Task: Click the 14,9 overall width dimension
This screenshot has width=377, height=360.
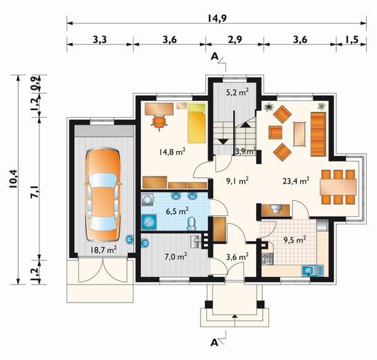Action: [x=217, y=18]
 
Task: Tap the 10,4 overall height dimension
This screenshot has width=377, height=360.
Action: [x=13, y=179]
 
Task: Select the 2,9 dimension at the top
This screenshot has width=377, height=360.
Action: [x=235, y=39]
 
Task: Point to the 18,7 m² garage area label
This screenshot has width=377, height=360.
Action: [x=104, y=249]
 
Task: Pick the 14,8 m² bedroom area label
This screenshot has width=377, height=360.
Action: [x=172, y=152]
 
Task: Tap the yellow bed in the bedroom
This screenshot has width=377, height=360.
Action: [x=197, y=123]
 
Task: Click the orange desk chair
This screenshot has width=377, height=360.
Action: [x=159, y=122]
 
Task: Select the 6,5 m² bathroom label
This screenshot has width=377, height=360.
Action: [x=177, y=212]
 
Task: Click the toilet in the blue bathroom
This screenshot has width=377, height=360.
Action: [x=192, y=224]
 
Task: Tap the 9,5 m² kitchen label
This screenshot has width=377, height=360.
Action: [x=295, y=240]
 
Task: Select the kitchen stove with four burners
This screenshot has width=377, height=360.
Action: [x=268, y=259]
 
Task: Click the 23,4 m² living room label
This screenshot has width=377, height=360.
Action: [x=296, y=181]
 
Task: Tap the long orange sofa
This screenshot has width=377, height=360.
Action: [x=318, y=134]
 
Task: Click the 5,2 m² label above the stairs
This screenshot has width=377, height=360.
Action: [x=237, y=92]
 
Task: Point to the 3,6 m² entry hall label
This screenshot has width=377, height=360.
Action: [x=237, y=257]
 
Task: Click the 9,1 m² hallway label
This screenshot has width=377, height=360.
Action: [x=237, y=181]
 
